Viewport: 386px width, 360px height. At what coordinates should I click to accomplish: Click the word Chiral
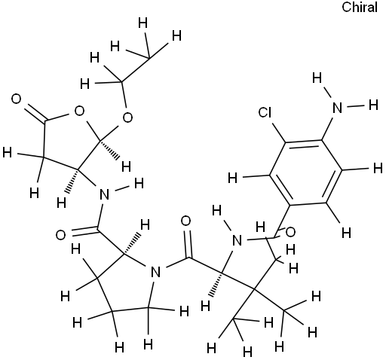(360, 8)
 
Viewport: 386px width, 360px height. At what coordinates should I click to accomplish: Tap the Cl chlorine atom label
(265, 112)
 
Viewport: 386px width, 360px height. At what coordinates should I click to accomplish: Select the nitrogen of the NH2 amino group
(337, 108)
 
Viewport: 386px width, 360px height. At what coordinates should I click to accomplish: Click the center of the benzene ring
(306, 172)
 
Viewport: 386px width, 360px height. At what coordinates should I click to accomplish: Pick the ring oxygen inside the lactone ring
(79, 111)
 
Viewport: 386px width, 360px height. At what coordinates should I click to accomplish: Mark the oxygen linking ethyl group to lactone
(127, 117)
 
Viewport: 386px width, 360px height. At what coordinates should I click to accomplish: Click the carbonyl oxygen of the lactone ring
(17, 99)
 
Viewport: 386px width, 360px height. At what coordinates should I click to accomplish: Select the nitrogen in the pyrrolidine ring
(156, 272)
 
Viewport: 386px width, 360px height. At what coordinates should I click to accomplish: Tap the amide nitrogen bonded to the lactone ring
(105, 194)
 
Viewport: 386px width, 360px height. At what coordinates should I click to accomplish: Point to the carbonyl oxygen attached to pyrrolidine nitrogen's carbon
(186, 221)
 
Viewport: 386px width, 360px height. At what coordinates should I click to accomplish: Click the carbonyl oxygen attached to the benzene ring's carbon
(290, 232)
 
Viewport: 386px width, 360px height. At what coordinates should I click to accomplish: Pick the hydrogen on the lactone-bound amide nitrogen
(139, 184)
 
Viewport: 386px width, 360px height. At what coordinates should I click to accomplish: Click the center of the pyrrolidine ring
(126, 284)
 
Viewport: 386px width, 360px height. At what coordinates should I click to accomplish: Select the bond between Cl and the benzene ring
(278, 132)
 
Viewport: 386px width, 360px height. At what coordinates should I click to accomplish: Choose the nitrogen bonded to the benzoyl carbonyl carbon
(237, 240)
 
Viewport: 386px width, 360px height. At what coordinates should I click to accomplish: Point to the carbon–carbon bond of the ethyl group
(136, 70)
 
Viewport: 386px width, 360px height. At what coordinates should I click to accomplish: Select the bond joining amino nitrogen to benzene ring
(329, 127)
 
